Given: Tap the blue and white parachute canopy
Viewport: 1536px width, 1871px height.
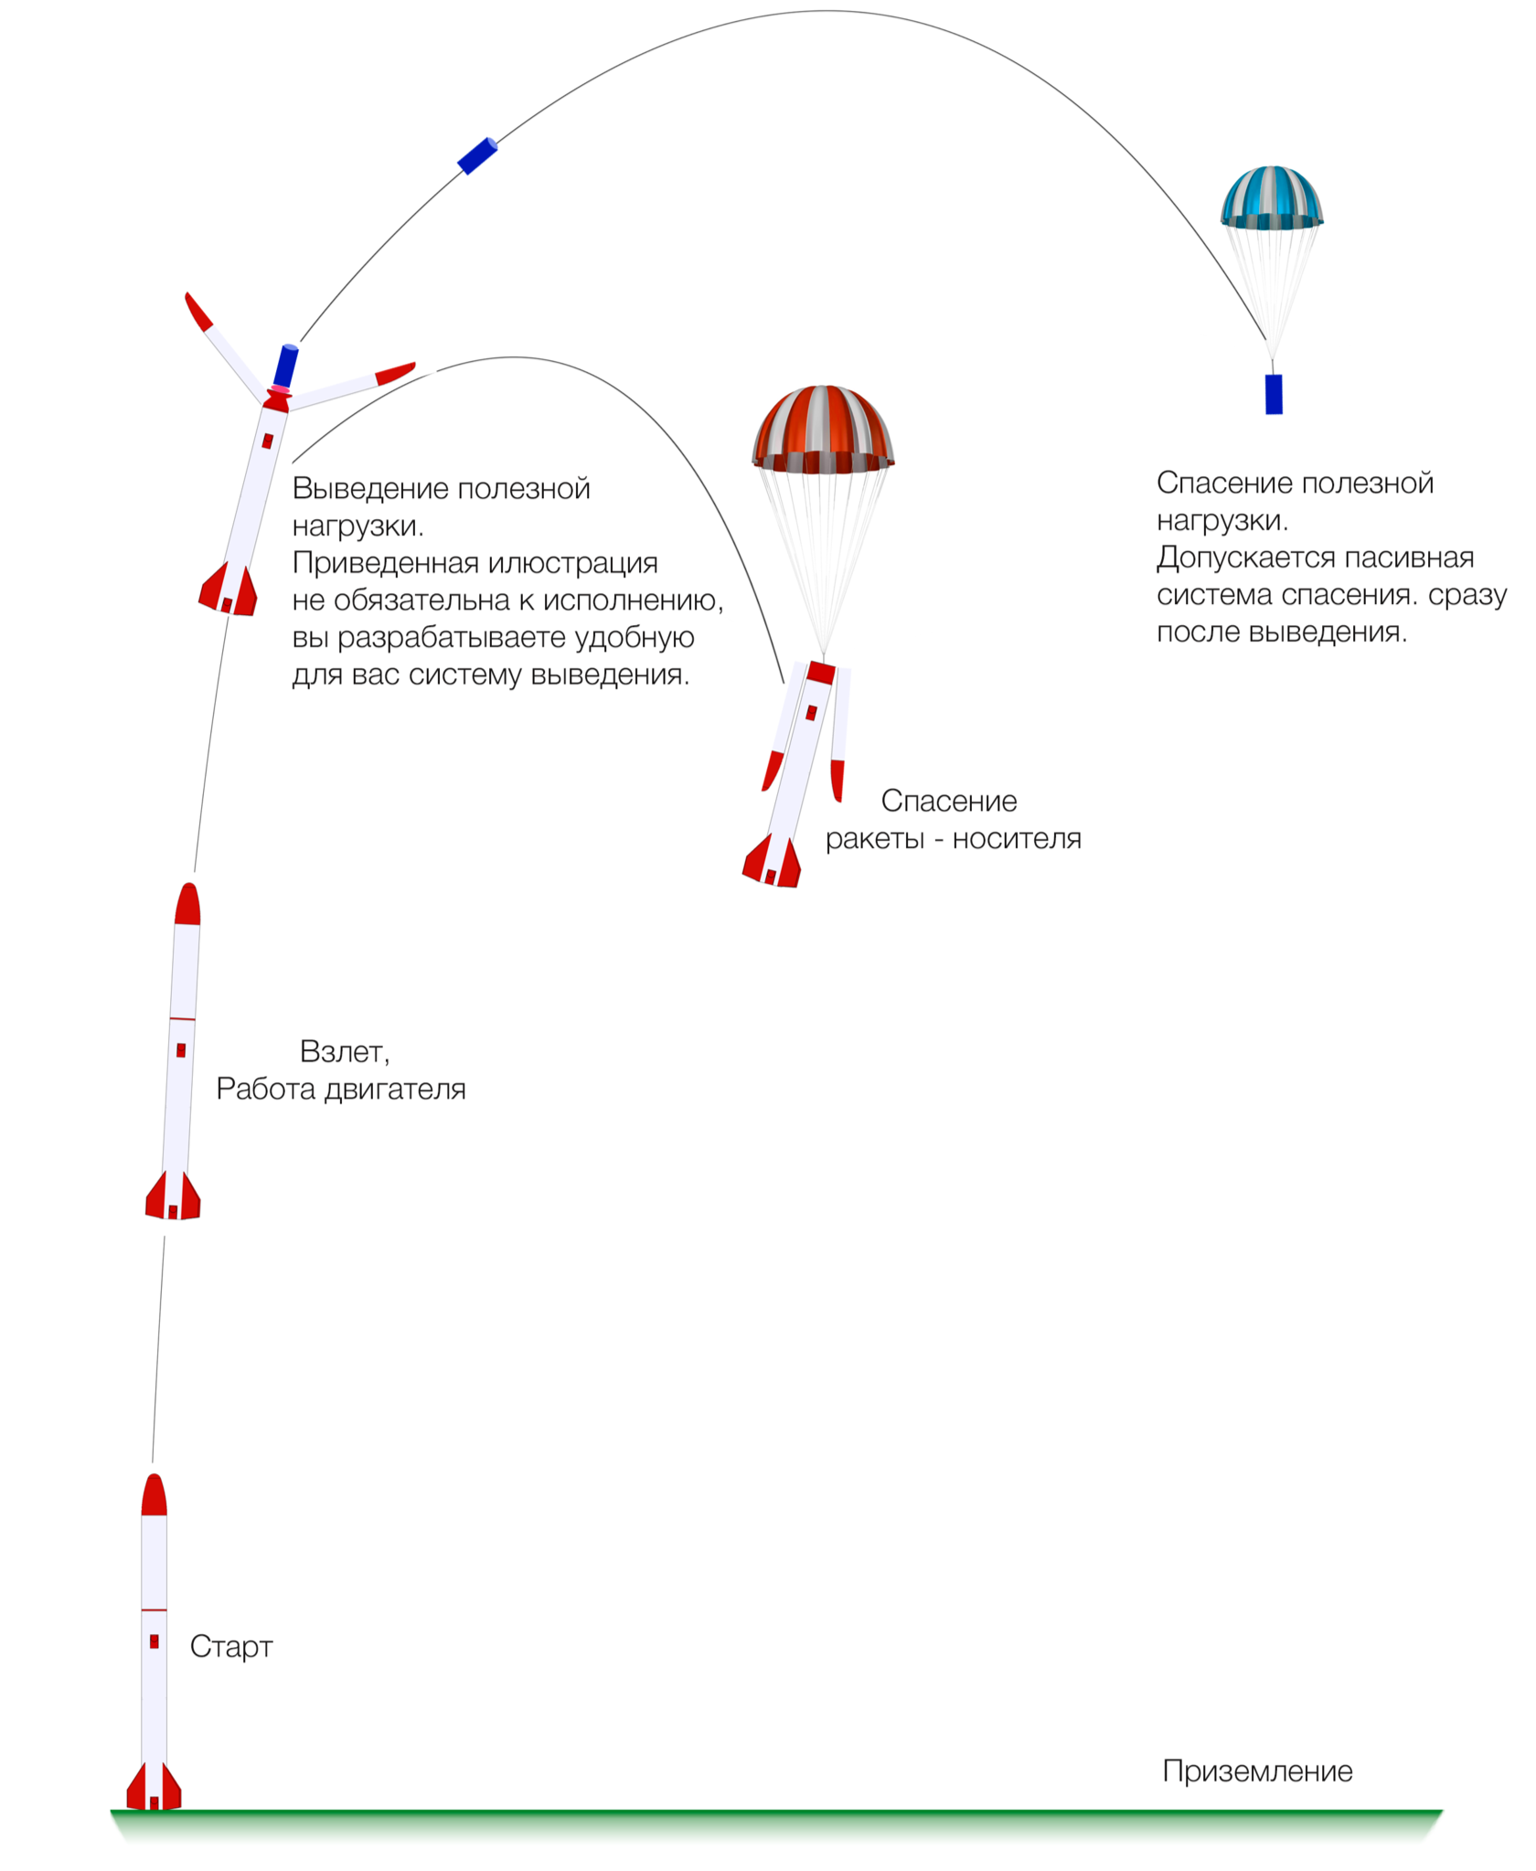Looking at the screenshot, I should click(x=1271, y=197).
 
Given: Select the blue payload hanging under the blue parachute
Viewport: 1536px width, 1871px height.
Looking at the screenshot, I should click(x=1274, y=394).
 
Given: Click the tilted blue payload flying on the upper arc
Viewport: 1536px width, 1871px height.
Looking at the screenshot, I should click(x=477, y=155).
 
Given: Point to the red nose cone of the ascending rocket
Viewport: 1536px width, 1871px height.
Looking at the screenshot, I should click(x=187, y=905).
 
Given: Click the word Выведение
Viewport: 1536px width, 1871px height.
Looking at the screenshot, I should click(x=370, y=489).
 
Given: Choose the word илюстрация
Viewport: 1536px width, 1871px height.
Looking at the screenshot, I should click(x=572, y=563).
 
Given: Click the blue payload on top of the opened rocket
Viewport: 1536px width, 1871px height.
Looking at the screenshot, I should click(x=286, y=366).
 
